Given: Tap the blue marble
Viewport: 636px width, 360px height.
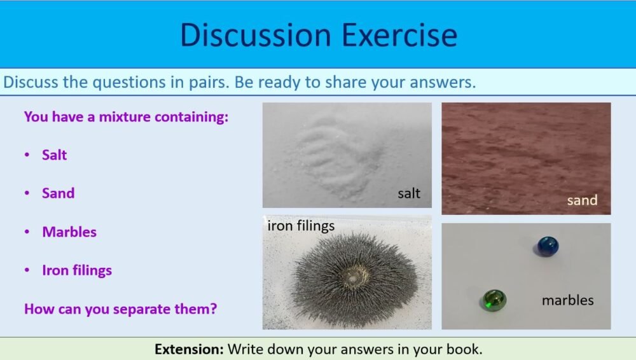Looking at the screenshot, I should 546,246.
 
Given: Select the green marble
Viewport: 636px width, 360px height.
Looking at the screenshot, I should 494,300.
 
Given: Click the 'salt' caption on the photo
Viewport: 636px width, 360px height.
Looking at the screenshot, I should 408,193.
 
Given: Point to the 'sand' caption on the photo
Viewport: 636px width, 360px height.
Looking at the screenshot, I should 582,200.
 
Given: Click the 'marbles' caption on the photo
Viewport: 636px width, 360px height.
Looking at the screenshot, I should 567,300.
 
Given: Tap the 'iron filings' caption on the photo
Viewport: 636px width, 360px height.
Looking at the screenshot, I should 301,226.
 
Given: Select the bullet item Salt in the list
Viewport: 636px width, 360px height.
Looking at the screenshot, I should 54,155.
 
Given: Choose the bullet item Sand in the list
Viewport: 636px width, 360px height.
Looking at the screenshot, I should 58,193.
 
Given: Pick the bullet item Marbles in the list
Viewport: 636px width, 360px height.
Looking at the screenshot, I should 69,232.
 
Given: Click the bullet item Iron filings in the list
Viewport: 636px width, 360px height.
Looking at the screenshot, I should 77,270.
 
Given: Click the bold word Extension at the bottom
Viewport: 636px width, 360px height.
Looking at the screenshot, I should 189,349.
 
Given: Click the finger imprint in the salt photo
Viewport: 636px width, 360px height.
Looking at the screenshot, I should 334,156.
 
